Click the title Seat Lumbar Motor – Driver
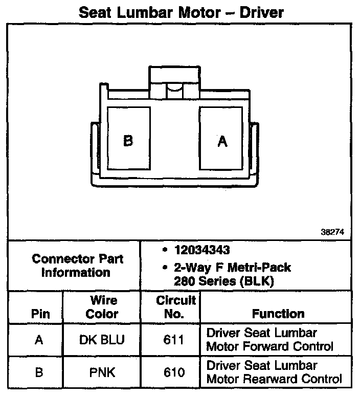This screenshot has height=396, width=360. (x=179, y=12)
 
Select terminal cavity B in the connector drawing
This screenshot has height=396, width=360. (x=128, y=139)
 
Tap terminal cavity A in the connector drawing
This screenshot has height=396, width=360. (x=222, y=139)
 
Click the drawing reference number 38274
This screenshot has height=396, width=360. (x=332, y=231)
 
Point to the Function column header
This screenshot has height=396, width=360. (x=278, y=314)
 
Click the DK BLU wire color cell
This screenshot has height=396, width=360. (x=102, y=340)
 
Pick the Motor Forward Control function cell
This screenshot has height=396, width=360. (x=270, y=340)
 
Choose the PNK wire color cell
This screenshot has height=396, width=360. (x=102, y=372)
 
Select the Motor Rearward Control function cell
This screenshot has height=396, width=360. (x=274, y=372)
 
